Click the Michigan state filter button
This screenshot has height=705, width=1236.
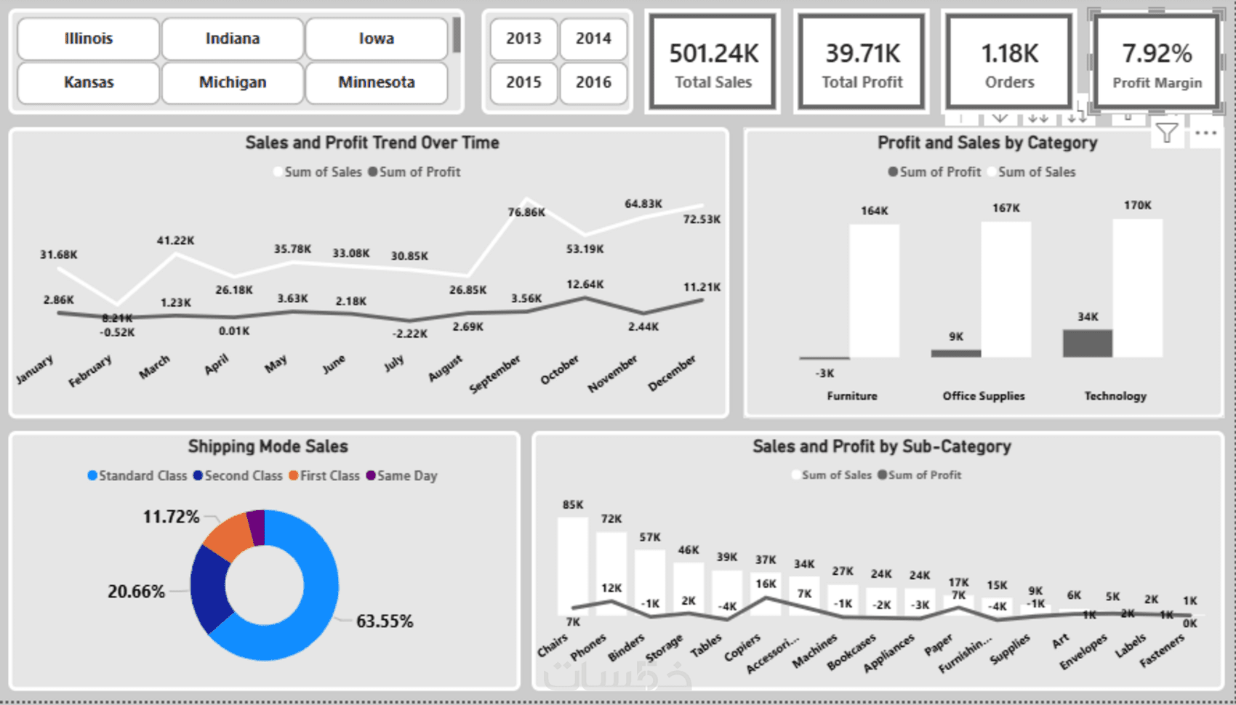(233, 83)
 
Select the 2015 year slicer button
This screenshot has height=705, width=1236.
(523, 83)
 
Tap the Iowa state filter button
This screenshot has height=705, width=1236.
(376, 39)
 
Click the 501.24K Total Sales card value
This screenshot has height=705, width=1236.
(713, 54)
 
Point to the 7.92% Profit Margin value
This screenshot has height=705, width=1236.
(1157, 54)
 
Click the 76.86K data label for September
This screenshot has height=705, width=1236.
(526, 212)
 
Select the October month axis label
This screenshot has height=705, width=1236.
(560, 370)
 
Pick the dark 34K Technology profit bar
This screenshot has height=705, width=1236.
(1088, 343)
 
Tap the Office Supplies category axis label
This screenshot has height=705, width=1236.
(984, 396)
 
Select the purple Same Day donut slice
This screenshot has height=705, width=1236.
(256, 527)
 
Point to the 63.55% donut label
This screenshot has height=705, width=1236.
(385, 621)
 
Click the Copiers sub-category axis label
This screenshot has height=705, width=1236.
(742, 648)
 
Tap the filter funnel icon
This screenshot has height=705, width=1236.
(1167, 133)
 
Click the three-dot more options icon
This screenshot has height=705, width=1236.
(1205, 133)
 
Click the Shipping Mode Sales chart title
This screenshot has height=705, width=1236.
(268, 446)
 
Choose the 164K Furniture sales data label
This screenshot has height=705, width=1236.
(875, 211)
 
